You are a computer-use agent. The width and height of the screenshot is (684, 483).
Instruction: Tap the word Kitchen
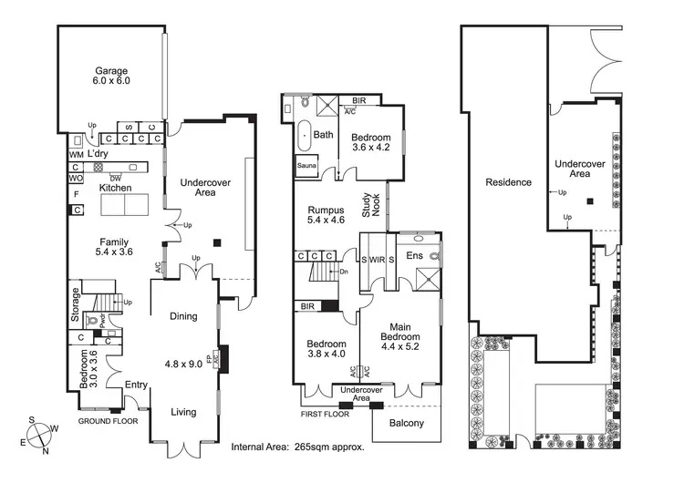coord(116,188)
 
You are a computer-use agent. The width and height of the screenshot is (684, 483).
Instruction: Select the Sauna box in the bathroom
coord(306,166)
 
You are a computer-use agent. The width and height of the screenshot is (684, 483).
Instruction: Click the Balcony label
coord(406,424)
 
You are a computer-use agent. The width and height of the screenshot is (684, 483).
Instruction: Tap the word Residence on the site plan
coord(508,182)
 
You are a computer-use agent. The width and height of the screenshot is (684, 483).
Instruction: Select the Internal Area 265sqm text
coord(298,447)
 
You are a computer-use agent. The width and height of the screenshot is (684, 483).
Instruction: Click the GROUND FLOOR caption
coord(107,422)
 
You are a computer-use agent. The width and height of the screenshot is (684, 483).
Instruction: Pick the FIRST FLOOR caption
coord(324,414)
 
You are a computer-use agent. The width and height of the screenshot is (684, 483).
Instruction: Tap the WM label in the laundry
coord(75,155)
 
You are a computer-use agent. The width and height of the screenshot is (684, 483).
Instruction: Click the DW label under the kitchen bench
coord(116,177)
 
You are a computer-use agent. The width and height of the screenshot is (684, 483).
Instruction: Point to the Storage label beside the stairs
coord(77,305)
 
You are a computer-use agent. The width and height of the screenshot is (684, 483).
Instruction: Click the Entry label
coord(136,385)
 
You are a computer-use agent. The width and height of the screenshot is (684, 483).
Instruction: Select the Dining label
coord(184,316)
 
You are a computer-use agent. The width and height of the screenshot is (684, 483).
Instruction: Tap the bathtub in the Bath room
coord(305,135)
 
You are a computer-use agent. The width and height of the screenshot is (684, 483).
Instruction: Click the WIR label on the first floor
coord(378,260)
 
